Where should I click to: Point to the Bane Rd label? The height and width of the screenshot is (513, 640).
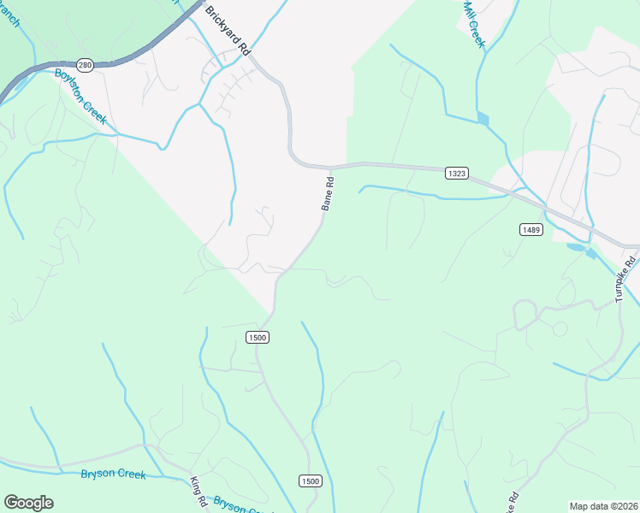tap(327, 194)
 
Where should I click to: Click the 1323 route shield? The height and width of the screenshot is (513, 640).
tap(457, 173)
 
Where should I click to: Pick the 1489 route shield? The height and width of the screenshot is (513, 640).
tap(530, 229)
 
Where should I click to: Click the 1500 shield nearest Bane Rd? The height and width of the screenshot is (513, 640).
tap(258, 338)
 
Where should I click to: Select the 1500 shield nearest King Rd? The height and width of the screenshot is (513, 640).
tap(310, 481)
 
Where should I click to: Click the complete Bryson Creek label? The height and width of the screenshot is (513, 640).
tap(113, 475)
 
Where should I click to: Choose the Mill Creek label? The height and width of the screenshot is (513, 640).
tap(474, 24)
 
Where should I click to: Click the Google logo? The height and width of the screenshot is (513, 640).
tap(28, 503)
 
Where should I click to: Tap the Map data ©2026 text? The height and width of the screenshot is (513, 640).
tap(603, 506)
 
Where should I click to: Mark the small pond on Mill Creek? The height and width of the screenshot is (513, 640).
tap(483, 119)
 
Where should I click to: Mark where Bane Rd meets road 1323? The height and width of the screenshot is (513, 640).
tap(331, 166)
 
